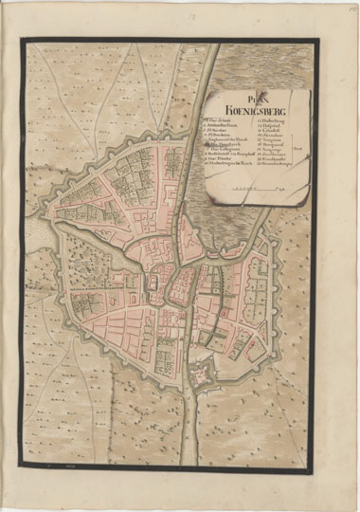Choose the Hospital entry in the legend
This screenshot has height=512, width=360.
tap(270, 125)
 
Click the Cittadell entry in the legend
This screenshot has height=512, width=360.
tap(271, 130)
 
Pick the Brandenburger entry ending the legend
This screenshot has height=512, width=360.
tap(276, 164)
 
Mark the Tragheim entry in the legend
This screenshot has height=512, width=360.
tap(273, 141)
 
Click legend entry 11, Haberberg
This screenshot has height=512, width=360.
tap(271, 120)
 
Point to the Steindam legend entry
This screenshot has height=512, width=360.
tap(273, 136)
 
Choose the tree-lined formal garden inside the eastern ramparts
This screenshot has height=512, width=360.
tap(260, 284)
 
